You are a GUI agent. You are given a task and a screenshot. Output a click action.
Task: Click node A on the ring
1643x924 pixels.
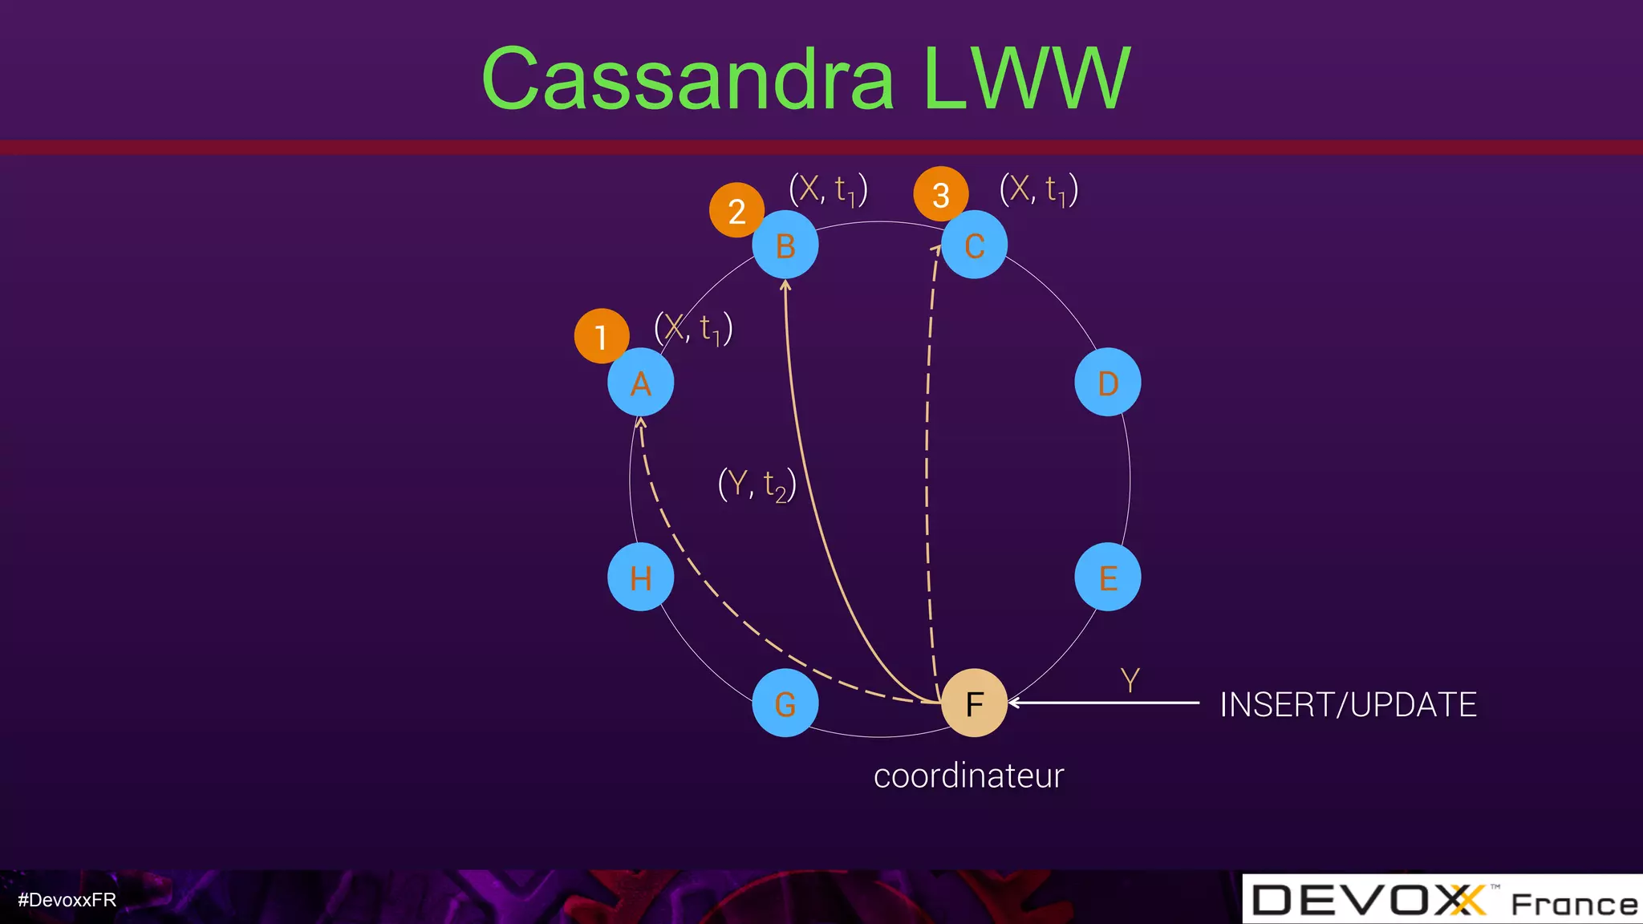[640, 383]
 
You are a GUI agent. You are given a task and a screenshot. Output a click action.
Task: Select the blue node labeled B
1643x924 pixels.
[785, 245]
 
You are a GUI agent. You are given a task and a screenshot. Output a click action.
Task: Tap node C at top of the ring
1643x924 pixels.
[975, 245]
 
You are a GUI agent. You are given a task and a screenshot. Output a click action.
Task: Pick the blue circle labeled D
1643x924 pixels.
[1108, 383]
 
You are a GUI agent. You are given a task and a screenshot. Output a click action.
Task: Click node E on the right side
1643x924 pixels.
[1108, 577]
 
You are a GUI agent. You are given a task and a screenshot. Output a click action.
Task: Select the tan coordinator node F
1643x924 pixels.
[974, 703]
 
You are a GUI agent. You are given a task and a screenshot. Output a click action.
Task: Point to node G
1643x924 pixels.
[785, 703]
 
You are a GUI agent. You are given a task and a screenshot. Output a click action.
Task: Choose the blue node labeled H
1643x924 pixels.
[640, 577]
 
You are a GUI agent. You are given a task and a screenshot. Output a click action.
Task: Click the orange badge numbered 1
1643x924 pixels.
[601, 336]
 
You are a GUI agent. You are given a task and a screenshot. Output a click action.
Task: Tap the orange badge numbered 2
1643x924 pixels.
[736, 211]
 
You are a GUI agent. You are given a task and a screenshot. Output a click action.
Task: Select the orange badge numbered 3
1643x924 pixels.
[941, 194]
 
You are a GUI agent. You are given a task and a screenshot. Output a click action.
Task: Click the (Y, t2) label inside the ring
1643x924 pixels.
[757, 484]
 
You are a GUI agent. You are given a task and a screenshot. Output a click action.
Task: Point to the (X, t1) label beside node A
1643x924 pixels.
[693, 329]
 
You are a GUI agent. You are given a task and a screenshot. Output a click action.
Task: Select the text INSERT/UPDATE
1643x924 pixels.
[1348, 705]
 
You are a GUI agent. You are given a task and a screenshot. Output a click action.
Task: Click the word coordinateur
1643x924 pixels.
[968, 776]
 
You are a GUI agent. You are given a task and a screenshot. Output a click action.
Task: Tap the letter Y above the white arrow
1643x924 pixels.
[1130, 680]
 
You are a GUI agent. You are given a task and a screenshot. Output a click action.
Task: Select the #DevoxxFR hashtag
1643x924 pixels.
[67, 900]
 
